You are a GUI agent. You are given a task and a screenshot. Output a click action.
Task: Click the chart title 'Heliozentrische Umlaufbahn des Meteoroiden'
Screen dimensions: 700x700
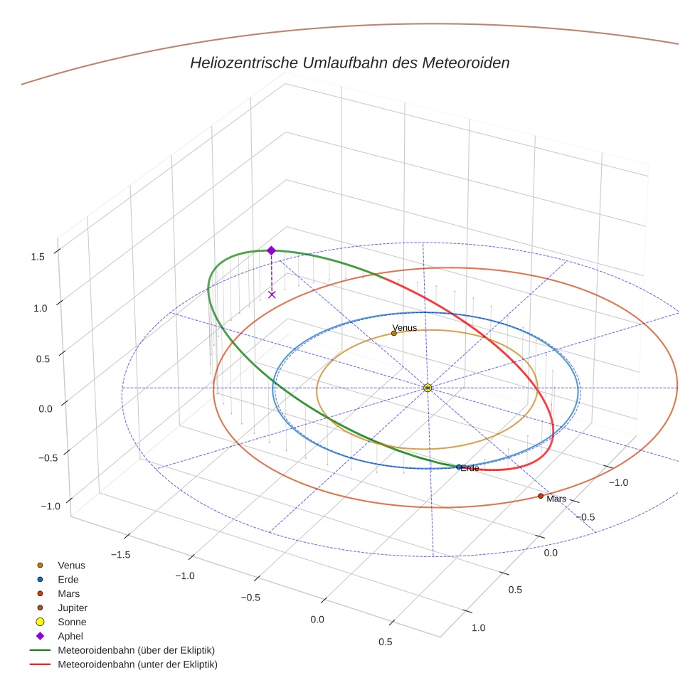click(349, 63)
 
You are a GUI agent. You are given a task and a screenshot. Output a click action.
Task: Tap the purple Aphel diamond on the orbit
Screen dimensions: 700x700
click(271, 250)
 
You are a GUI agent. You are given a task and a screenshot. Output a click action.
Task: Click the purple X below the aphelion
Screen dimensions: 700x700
click(272, 295)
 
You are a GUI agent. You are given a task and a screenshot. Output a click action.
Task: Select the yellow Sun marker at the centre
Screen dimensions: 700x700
click(428, 388)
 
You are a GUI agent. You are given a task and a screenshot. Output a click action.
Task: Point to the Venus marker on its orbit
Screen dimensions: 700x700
click(394, 333)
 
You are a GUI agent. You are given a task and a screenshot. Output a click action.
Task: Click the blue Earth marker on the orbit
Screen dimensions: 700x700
click(459, 467)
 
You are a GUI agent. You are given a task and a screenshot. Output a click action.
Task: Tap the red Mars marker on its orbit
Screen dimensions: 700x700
click(541, 496)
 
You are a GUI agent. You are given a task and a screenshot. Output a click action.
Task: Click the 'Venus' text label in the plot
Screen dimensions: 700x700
click(405, 328)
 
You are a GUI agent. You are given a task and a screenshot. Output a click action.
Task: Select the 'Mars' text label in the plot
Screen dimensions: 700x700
click(556, 499)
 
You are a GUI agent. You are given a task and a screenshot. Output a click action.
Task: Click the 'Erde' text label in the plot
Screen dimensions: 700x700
click(470, 469)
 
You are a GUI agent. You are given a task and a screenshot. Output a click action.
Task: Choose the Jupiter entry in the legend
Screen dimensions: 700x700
click(72, 608)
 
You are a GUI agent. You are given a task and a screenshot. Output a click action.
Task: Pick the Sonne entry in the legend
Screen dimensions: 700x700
click(72, 622)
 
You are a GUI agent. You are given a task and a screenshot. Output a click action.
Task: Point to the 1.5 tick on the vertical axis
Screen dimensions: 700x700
click(38, 257)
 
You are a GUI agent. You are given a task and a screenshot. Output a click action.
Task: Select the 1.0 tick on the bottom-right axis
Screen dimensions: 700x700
click(478, 627)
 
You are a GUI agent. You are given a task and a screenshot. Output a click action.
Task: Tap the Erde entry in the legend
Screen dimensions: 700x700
click(68, 580)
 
